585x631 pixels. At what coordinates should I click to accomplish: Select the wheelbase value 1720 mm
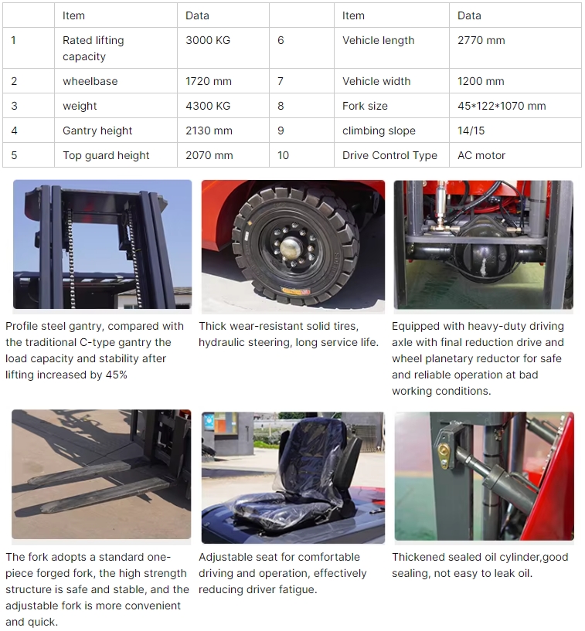[209, 81]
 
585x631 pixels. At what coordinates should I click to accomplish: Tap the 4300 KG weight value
[208, 106]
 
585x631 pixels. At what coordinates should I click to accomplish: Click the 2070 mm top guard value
[209, 155]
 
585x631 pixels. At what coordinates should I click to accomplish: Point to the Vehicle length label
[378, 40]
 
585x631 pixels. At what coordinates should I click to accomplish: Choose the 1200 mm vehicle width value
[481, 81]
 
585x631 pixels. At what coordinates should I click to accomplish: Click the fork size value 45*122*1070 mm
[502, 106]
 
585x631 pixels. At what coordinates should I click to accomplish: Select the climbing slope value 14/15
[471, 131]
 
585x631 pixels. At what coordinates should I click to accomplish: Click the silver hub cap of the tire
[291, 248]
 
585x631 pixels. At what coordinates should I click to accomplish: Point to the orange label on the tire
[295, 290]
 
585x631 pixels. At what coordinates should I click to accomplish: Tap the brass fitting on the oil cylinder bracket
[444, 456]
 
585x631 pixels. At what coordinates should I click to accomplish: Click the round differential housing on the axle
[483, 256]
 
